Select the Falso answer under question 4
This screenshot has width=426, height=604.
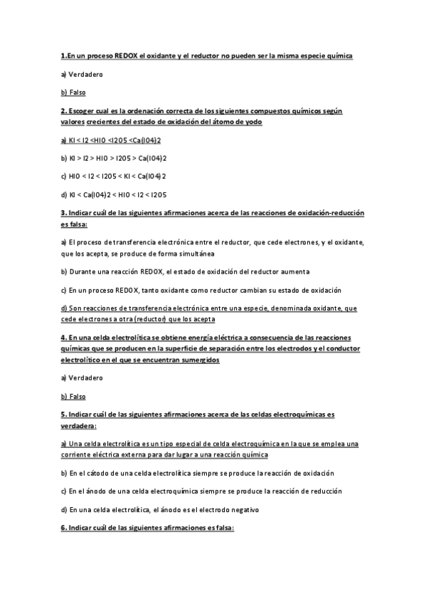point(73,395)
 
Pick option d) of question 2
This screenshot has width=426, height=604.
point(114,194)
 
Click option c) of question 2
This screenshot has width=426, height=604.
point(114,176)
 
